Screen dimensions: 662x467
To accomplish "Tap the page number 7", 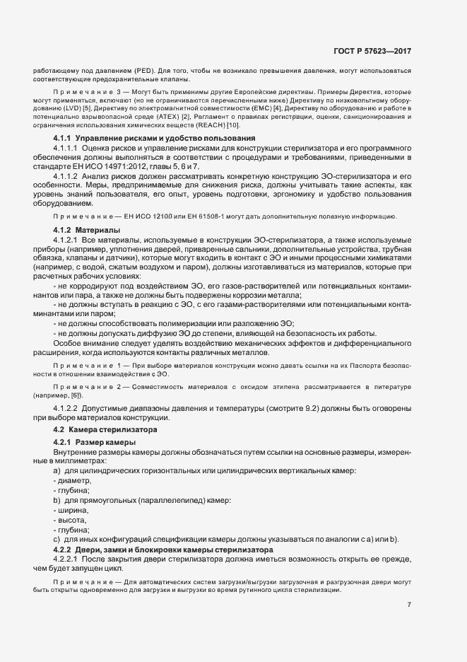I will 410,605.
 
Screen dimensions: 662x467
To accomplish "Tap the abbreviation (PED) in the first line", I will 142,72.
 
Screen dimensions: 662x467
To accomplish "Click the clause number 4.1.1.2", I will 65,176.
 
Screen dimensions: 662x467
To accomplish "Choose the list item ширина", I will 73,510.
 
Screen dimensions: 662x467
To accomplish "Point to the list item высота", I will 73,520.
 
